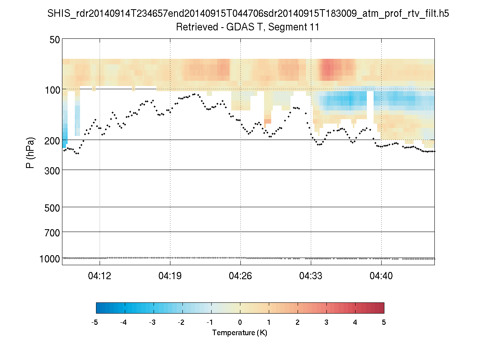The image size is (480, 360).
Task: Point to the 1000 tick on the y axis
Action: (x=50, y=259)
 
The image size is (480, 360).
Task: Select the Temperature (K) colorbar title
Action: (x=240, y=333)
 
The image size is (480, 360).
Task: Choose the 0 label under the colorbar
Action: (x=240, y=322)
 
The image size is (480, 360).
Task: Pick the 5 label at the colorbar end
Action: (x=384, y=322)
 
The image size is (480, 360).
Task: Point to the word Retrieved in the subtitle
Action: (x=193, y=28)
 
